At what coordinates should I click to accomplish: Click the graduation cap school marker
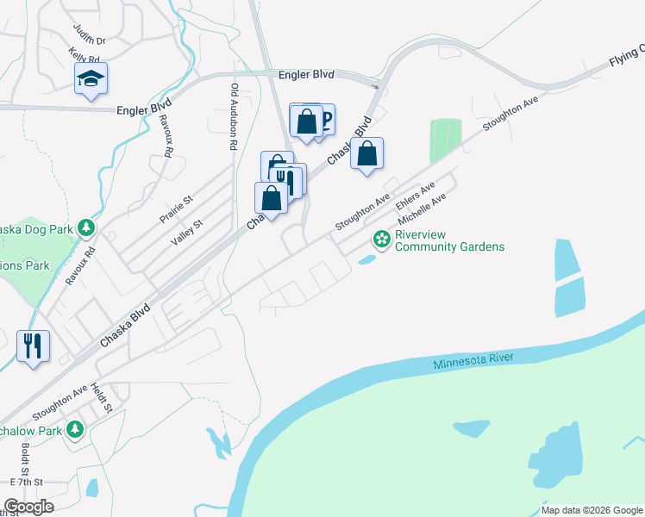coord(91,79)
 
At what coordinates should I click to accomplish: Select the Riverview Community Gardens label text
coord(449,240)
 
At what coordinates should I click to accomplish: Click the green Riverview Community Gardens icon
coord(380,237)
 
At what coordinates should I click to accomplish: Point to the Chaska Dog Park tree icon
coord(85,228)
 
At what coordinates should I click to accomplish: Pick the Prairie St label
coord(176,209)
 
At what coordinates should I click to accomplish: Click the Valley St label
coord(186,234)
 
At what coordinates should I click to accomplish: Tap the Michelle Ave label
coord(422,209)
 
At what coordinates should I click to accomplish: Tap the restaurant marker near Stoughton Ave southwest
coord(34,346)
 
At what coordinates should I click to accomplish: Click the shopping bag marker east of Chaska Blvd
coord(366,154)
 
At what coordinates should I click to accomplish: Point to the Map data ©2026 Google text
coord(592,510)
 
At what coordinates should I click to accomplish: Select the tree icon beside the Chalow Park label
coord(75,428)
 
